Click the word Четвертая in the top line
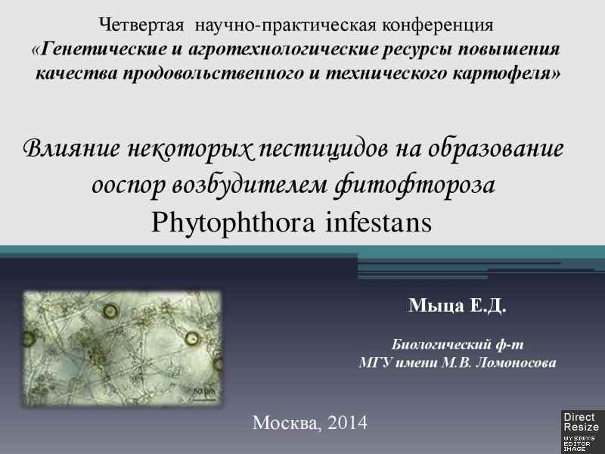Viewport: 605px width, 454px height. coord(141,26)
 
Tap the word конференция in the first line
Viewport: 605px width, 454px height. coord(438,26)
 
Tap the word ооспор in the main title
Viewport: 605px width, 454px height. coord(128,185)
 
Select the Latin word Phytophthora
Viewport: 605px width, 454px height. coord(233,223)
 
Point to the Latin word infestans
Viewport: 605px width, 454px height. coord(379,223)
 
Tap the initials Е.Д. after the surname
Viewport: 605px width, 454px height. coord(488,306)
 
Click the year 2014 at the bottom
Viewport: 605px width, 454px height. coord(347,423)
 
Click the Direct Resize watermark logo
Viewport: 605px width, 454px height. coord(582,431)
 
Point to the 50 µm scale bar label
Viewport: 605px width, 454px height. coord(203,391)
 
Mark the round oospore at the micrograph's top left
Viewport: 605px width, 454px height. coord(110,310)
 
